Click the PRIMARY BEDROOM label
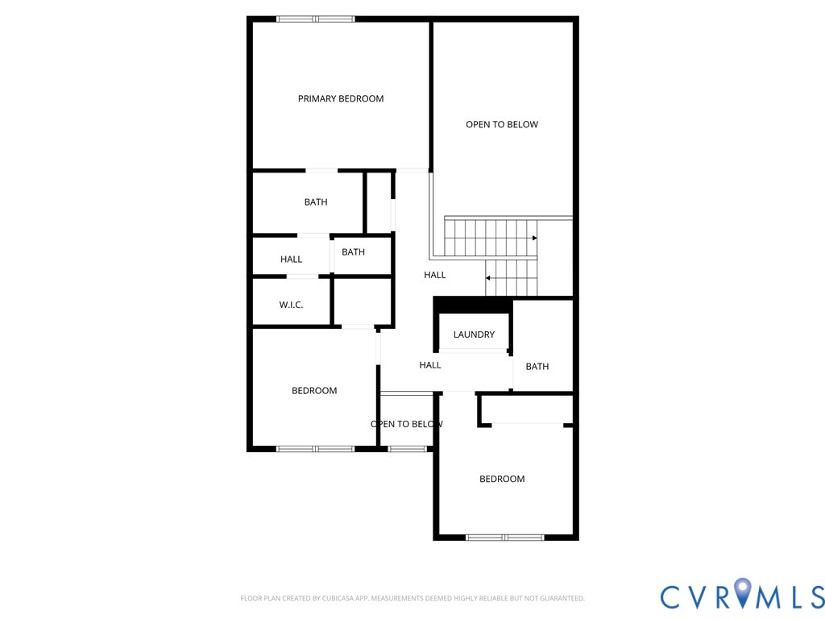[341, 99]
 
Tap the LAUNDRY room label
[474, 334]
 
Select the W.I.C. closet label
[291, 305]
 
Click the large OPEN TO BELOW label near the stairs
[502, 124]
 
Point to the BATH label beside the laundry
[537, 367]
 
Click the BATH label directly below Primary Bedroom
[316, 202]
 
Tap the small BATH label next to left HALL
[353, 252]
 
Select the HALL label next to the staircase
[435, 275]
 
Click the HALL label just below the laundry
[430, 365]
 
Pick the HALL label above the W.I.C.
[292, 260]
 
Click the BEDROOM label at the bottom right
[502, 479]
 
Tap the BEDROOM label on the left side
[314, 391]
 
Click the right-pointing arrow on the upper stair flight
[533, 238]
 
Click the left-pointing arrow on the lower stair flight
[488, 278]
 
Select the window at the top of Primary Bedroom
[315, 19]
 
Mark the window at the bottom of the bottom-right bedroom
[505, 537]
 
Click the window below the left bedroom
[315, 448]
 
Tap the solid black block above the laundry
[473, 305]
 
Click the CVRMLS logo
[742, 596]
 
